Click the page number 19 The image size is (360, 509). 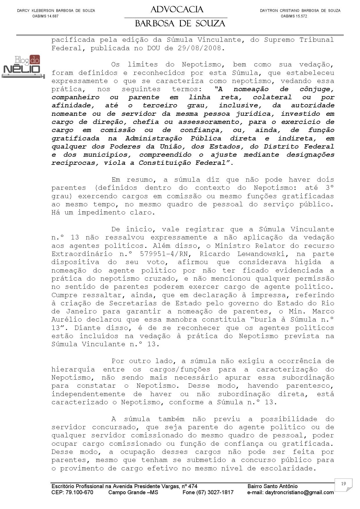coord(343,483)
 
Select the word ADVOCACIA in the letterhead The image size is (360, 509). coord(177,10)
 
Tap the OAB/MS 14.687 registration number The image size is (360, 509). coord(45,16)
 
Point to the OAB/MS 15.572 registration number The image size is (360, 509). coord(294,16)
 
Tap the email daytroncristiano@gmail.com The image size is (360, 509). coord(290,492)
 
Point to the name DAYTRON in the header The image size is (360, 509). coord(269,11)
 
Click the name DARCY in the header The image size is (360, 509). coord(24,11)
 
